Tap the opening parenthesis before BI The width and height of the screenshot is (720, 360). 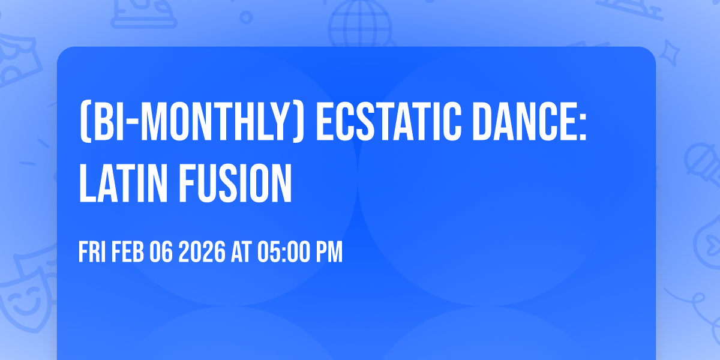[x=83, y=124]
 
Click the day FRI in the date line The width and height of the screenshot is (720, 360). [x=92, y=253]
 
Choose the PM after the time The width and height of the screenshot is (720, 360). [x=329, y=253]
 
